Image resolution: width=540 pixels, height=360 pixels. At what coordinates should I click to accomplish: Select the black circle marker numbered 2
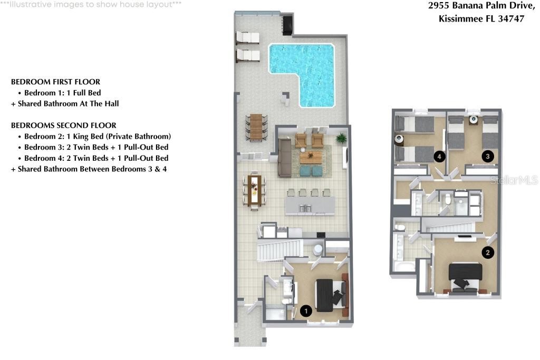click(488, 252)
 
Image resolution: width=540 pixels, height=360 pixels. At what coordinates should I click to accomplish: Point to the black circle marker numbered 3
click(488, 156)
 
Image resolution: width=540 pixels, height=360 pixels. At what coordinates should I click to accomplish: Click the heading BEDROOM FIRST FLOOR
click(55, 82)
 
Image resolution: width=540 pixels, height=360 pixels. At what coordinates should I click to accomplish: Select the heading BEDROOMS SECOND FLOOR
click(64, 125)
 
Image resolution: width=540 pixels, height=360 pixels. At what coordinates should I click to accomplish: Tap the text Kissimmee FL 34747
click(481, 19)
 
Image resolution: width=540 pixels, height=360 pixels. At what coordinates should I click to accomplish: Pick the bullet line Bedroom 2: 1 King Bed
click(98, 137)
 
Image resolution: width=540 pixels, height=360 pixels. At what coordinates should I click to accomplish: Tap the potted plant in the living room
click(341, 139)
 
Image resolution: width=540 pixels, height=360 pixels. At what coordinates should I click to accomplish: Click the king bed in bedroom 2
click(465, 276)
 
